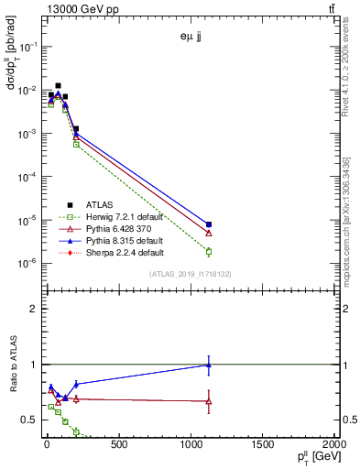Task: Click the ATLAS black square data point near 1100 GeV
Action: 209,224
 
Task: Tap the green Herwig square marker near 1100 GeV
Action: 209,251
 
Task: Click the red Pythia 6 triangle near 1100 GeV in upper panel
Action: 209,233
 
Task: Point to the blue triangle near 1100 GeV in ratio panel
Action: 209,365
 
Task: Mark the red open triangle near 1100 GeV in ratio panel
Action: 209,401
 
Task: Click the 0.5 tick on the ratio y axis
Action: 30,420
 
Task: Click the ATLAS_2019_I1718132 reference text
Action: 191,273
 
